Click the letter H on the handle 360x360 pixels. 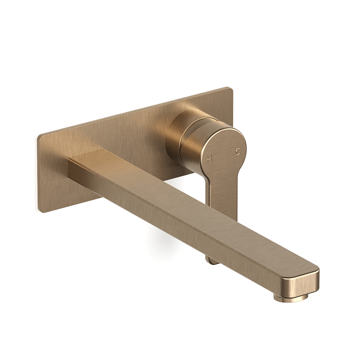(209, 159)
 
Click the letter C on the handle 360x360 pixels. (238, 152)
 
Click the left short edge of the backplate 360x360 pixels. (39, 173)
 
